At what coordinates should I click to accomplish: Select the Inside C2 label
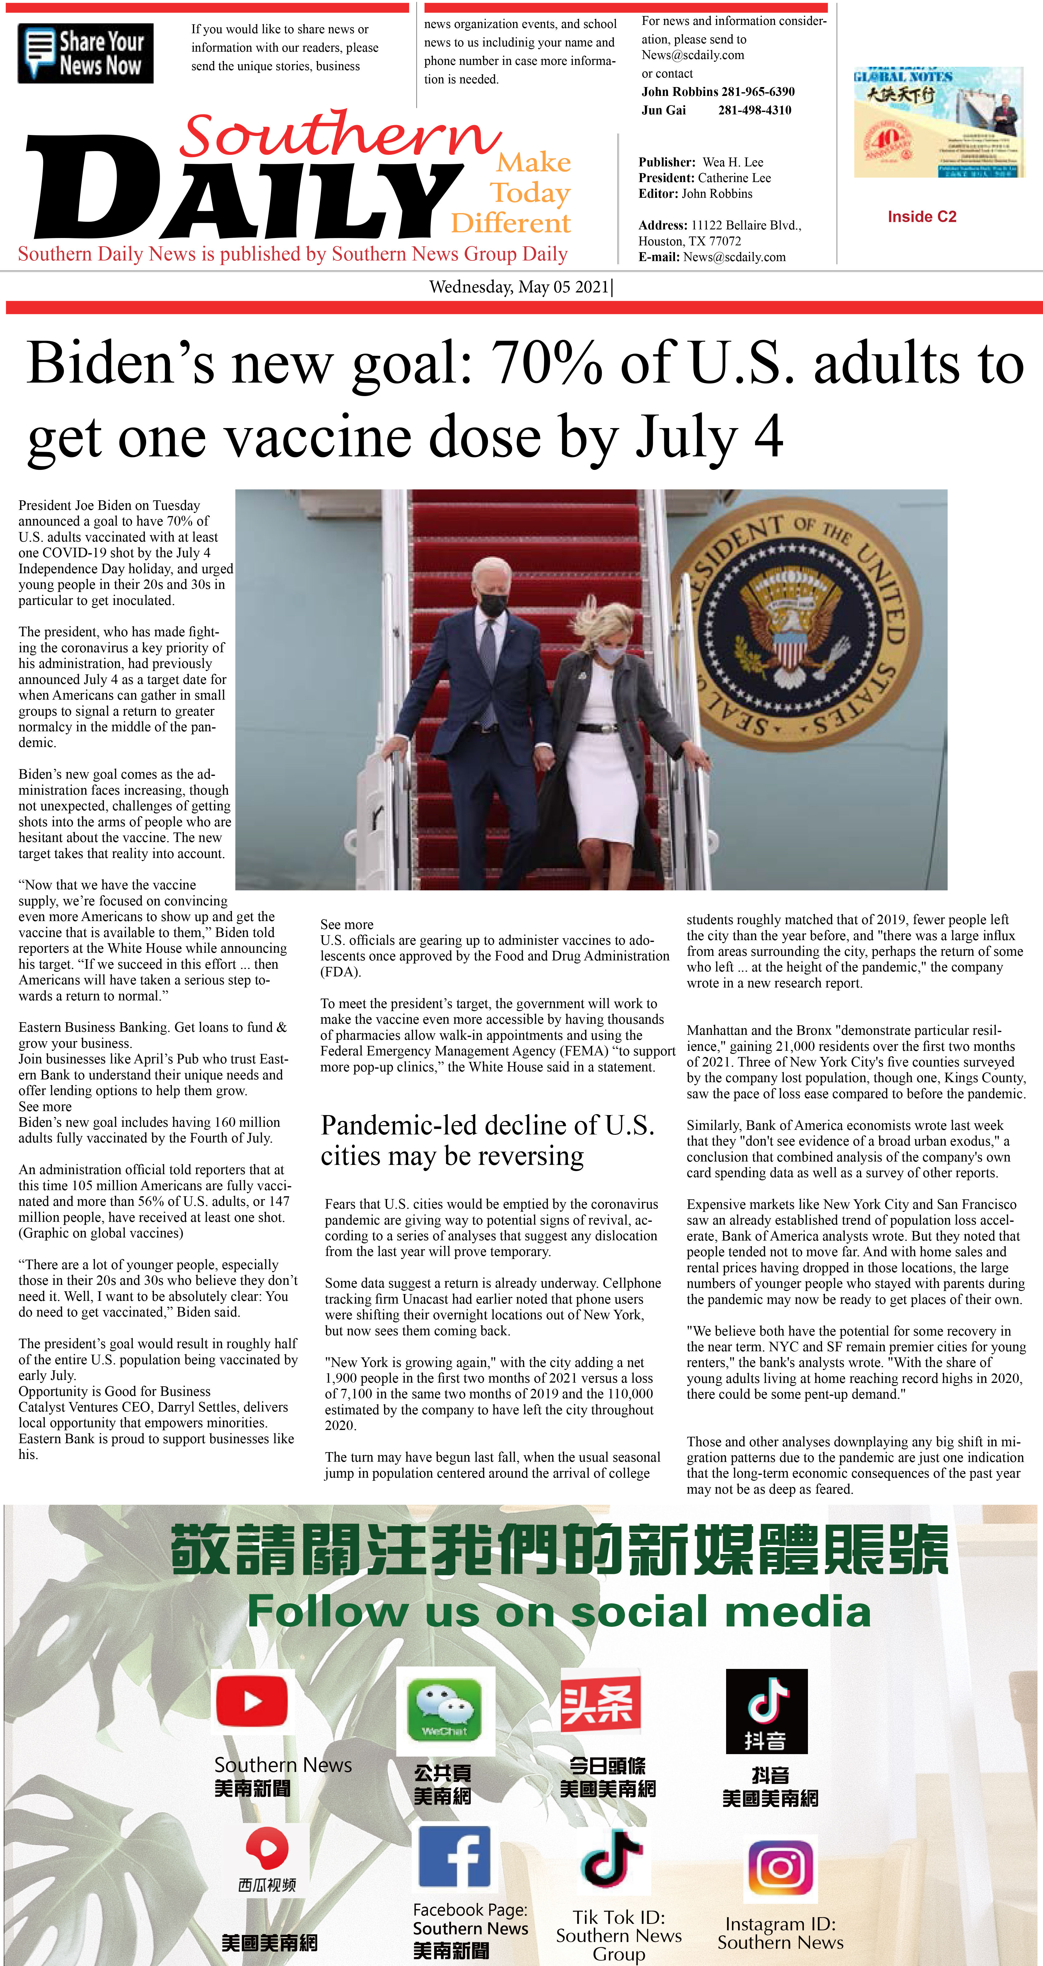pyautogui.click(x=921, y=217)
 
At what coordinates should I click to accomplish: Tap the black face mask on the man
pyautogui.click(x=493, y=605)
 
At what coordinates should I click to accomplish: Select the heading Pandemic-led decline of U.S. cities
pyautogui.click(x=487, y=1140)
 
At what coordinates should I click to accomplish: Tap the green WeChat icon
pyautogui.click(x=445, y=1710)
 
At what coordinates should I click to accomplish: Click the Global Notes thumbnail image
pyautogui.click(x=938, y=122)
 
